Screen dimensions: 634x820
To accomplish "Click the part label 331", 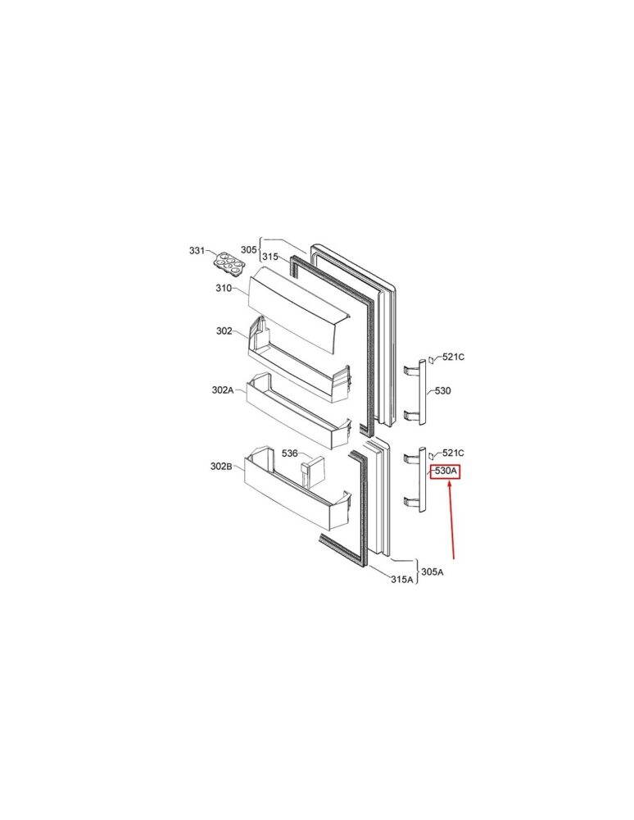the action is [x=197, y=251].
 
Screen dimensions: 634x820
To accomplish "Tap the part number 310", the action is [x=224, y=288].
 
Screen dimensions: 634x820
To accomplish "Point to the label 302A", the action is [x=223, y=389].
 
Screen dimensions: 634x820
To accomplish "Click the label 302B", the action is [x=221, y=467].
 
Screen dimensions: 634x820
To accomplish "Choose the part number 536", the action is [x=290, y=453].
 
